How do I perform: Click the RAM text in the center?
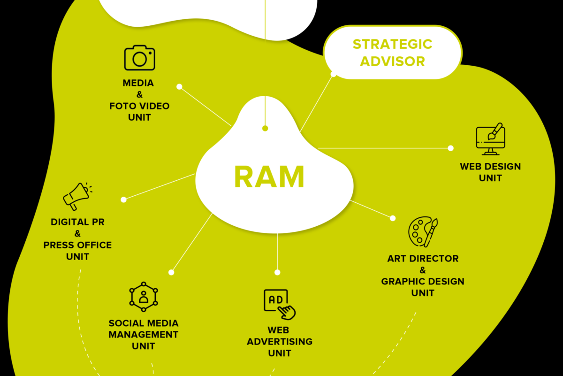click(269, 176)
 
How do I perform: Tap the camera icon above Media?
click(139, 58)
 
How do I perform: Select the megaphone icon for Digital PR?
click(78, 196)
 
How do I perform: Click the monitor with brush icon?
click(490, 139)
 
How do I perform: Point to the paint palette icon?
click(423, 231)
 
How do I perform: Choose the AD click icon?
click(280, 305)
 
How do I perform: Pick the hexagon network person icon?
click(144, 297)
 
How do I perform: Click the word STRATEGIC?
click(392, 44)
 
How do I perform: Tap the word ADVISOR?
click(392, 61)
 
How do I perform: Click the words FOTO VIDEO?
click(139, 106)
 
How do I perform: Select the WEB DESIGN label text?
click(490, 167)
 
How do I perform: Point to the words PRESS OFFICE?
click(78, 245)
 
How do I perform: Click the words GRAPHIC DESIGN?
click(423, 282)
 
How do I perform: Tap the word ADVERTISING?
click(280, 342)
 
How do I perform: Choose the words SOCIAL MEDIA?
click(144, 323)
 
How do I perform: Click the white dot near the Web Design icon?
click(451, 148)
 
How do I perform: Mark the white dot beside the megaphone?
click(123, 200)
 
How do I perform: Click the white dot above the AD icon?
click(277, 272)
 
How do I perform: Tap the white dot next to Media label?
click(179, 87)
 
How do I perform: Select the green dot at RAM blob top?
click(265, 129)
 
